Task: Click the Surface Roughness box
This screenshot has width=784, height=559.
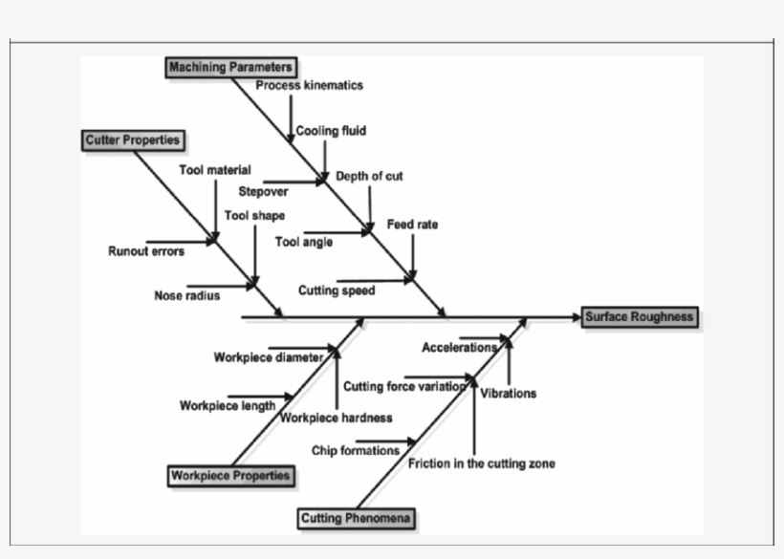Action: [639, 317]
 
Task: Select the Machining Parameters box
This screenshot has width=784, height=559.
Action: [229, 67]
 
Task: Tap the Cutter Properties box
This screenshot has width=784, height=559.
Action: [132, 140]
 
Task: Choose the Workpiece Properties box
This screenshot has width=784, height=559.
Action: [229, 475]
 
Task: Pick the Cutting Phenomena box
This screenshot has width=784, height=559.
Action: [357, 518]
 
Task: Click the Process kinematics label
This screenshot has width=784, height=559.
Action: [309, 85]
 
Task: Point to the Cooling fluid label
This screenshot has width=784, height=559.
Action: [330, 131]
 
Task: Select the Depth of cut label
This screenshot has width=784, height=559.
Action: [369, 177]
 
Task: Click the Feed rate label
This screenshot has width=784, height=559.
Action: [412, 225]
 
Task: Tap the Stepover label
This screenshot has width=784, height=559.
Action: [263, 191]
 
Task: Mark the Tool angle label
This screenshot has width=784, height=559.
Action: [303, 242]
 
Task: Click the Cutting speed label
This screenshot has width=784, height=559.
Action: [336, 290]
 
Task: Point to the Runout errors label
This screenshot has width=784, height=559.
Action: [146, 251]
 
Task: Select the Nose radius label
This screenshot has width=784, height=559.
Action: [186, 295]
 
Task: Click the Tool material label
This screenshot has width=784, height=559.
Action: [215, 170]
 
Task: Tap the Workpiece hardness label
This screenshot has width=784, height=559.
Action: [336, 418]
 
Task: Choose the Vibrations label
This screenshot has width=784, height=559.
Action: [508, 393]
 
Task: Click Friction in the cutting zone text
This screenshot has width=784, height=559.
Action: [481, 463]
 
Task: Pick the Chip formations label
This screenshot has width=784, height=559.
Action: [355, 450]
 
